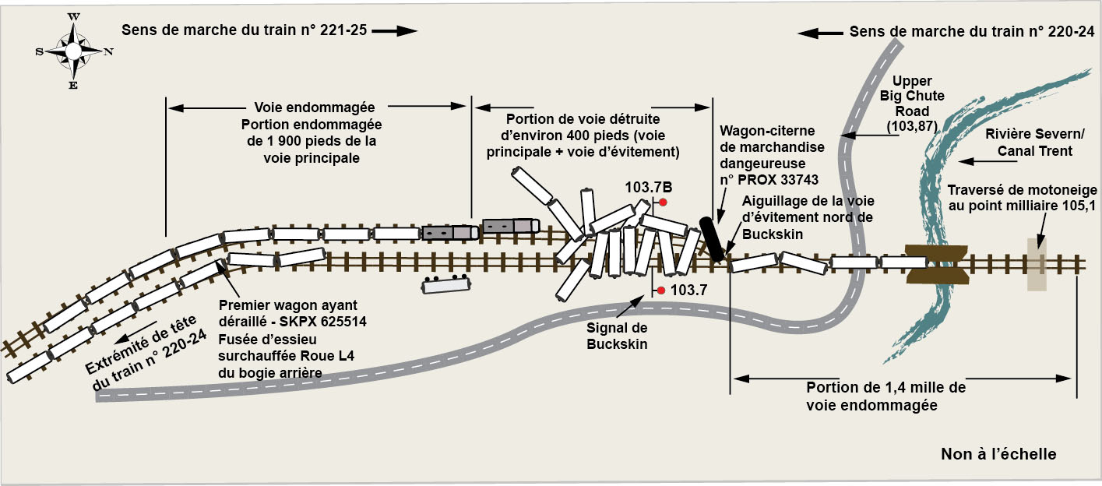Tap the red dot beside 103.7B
click(x=663, y=202)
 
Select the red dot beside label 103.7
click(x=660, y=291)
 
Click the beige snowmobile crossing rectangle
click(x=1036, y=264)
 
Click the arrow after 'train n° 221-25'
click(x=396, y=31)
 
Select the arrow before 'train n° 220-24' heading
click(x=820, y=33)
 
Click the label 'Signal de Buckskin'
click(x=617, y=336)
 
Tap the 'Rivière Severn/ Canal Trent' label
click(x=1030, y=142)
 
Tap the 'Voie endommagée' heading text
click(x=315, y=108)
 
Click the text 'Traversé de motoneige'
click(x=1023, y=190)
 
